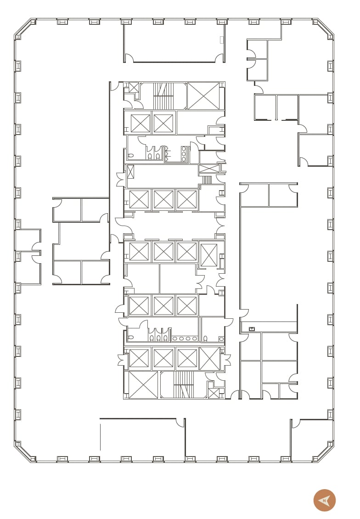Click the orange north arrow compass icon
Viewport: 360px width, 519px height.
(x=325, y=500)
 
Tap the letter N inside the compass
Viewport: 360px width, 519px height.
(x=324, y=501)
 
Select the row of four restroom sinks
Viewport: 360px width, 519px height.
(x=185, y=338)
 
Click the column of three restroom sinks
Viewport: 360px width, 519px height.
(x=184, y=153)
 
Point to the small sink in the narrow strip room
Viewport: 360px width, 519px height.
(x=251, y=329)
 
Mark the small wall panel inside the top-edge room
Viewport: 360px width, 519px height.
(x=222, y=40)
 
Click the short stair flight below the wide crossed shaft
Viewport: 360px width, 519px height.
(x=207, y=180)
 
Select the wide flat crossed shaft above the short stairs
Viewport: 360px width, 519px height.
(x=209, y=169)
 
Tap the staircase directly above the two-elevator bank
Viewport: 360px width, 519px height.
(x=163, y=96)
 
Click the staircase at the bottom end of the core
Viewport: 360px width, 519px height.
(x=184, y=385)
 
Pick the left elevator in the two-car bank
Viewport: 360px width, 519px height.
(x=141, y=123)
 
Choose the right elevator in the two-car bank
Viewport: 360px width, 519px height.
(x=163, y=123)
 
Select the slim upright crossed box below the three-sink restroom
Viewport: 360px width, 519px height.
(x=130, y=172)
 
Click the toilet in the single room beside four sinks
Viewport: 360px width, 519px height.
(x=205, y=338)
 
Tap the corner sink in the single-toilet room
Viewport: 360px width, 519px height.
(x=221, y=339)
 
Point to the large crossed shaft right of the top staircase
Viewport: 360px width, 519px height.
(x=203, y=96)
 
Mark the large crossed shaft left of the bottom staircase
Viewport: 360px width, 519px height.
(x=143, y=385)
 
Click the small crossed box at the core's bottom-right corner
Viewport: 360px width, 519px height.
(x=214, y=393)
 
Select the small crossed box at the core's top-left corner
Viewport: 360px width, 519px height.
(x=134, y=87)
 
